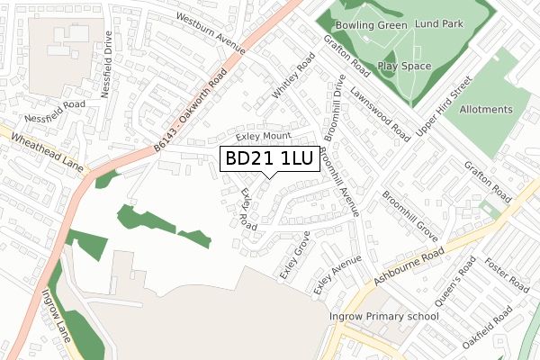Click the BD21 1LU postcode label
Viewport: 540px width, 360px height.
click(268, 159)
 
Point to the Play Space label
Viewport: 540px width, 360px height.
click(404, 66)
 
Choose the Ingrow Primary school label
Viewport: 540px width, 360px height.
click(383, 316)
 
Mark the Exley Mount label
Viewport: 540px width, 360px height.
click(263, 136)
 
